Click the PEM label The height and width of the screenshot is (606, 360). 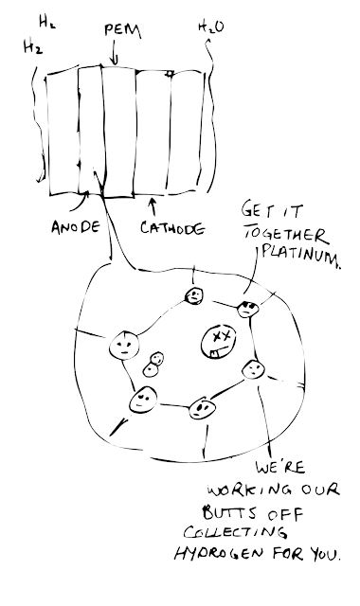(122, 31)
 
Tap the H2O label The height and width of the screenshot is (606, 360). (210, 27)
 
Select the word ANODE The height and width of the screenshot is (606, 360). (76, 226)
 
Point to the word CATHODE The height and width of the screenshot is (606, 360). (172, 228)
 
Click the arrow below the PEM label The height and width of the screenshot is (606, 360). (114, 55)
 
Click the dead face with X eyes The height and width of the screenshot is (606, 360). (218, 342)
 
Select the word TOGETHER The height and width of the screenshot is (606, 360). (284, 234)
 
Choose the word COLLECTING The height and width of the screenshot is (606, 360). (236, 532)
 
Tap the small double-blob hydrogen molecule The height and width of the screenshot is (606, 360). (153, 365)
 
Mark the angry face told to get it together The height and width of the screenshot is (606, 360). (247, 309)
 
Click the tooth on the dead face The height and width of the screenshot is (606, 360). (214, 353)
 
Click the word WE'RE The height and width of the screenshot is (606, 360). (280, 468)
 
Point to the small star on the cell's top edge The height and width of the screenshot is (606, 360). (170, 73)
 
